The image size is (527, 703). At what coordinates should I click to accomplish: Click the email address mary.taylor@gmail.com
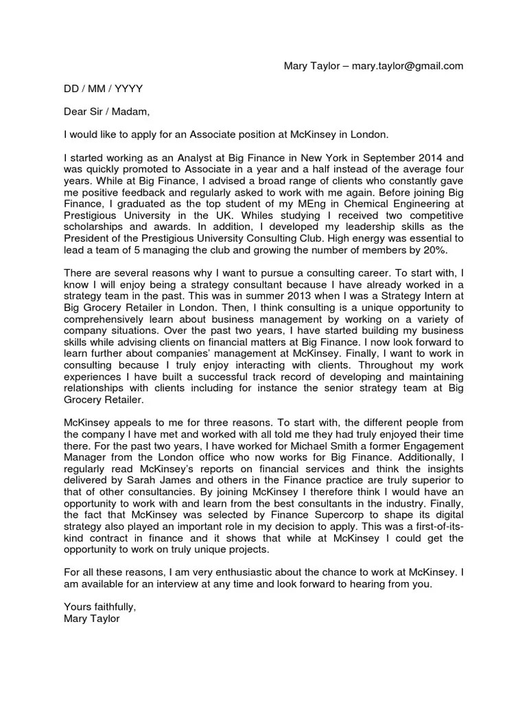pyautogui.click(x=408, y=66)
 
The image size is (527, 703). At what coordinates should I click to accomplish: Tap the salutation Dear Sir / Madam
pyautogui.click(x=106, y=111)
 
